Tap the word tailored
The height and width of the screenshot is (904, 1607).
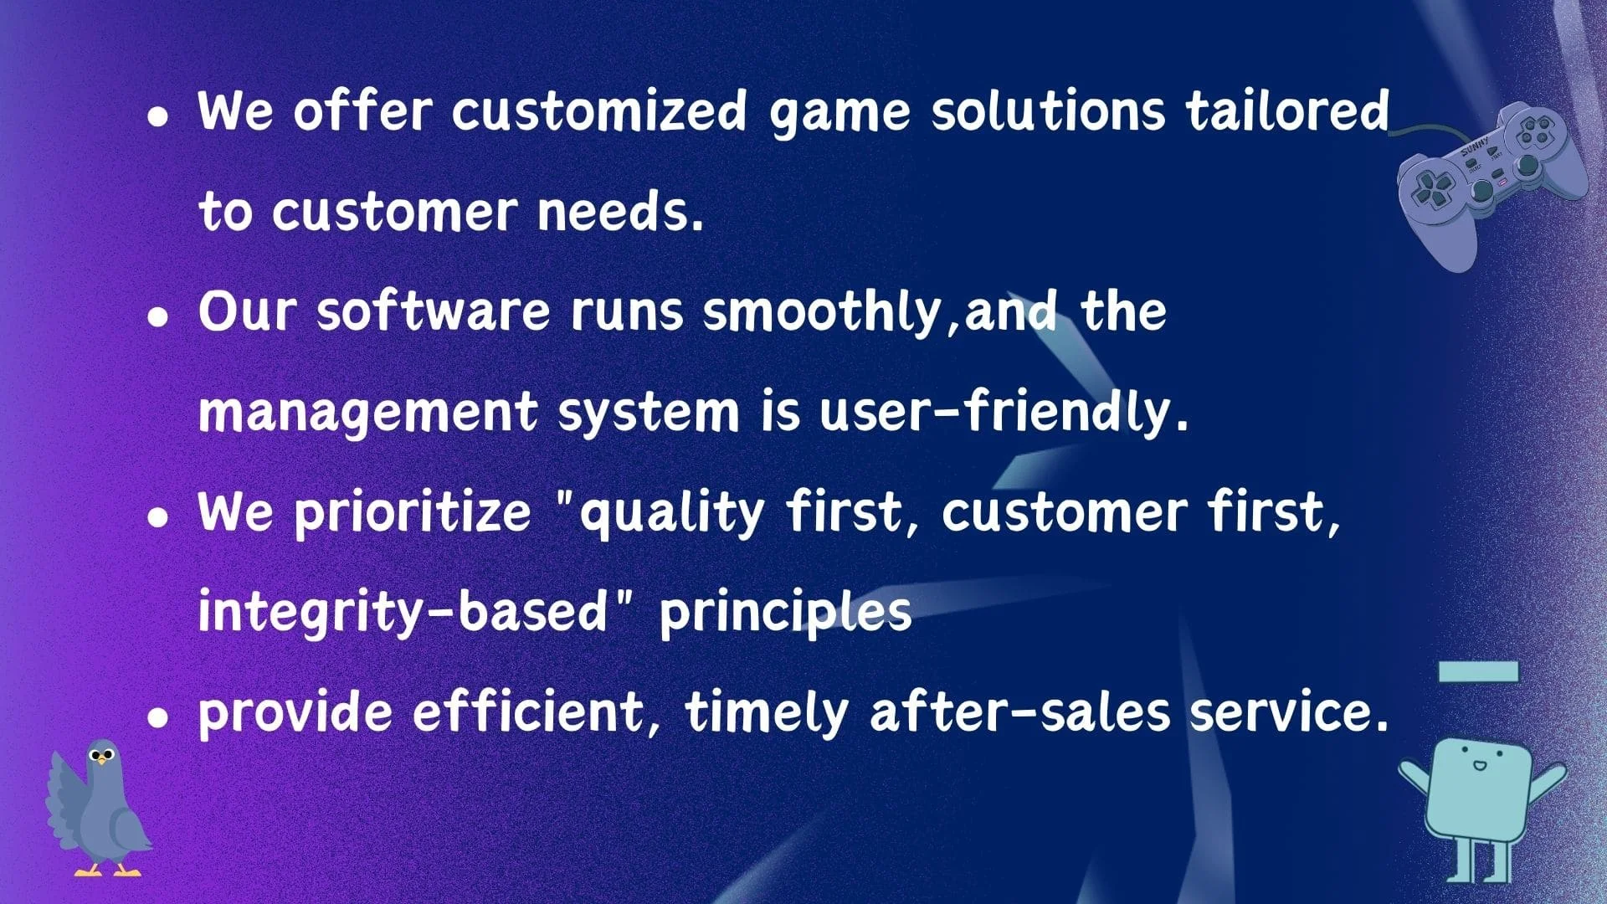(1287, 110)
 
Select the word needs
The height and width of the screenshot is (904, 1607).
(620, 212)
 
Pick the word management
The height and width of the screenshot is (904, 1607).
(368, 413)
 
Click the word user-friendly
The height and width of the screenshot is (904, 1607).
(1004, 412)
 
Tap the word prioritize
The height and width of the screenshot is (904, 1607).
(413, 512)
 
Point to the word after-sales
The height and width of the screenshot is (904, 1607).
(1020, 712)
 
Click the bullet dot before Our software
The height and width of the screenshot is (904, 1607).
(157, 316)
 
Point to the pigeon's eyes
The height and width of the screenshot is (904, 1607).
(102, 756)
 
